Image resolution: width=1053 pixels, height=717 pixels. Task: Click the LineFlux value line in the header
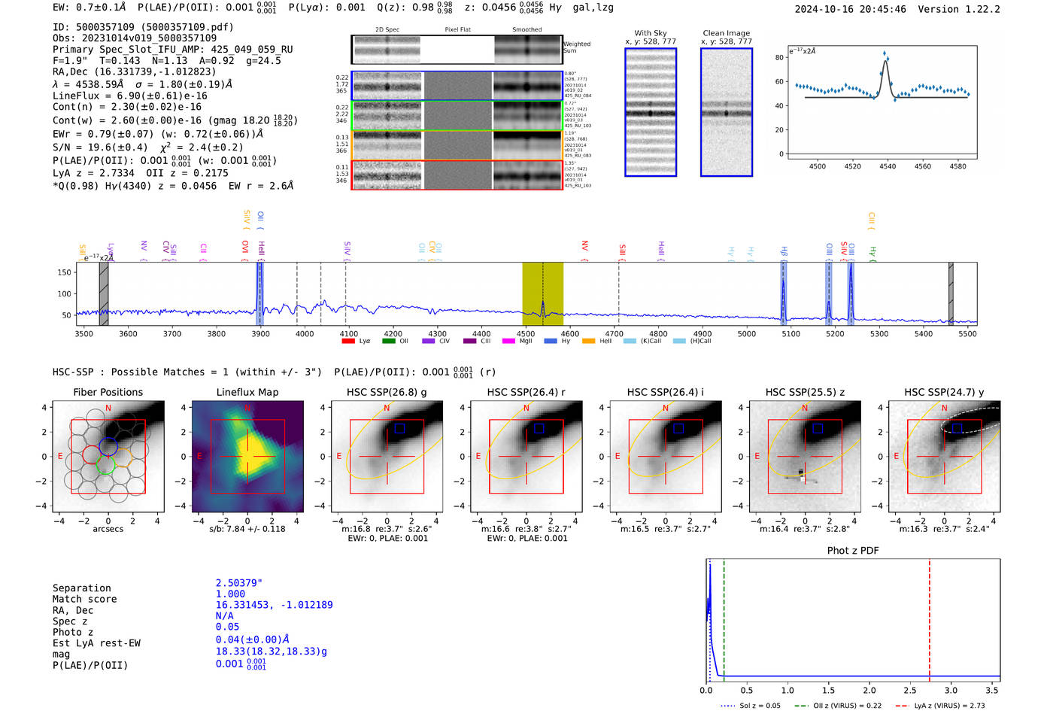click(130, 96)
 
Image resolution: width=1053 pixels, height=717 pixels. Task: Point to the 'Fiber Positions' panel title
click(108, 392)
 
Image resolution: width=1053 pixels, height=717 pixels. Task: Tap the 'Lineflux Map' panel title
click(247, 392)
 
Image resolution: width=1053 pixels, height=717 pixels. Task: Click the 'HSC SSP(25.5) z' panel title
click(805, 392)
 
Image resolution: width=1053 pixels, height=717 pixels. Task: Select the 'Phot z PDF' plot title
click(853, 551)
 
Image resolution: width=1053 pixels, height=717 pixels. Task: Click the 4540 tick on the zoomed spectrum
click(888, 166)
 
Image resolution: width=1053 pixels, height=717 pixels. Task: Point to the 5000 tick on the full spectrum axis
click(746, 333)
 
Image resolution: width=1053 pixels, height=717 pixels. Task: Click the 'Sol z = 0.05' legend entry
click(760, 706)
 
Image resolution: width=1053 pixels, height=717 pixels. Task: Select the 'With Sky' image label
click(650, 33)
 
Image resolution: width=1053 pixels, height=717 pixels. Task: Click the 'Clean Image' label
click(726, 33)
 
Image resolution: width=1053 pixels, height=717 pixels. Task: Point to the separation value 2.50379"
click(238, 583)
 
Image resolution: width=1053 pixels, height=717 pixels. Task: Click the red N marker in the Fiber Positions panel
click(108, 409)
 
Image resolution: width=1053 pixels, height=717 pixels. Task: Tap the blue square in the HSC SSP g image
click(400, 428)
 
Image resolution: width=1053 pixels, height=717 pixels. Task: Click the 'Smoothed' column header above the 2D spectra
click(526, 30)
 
